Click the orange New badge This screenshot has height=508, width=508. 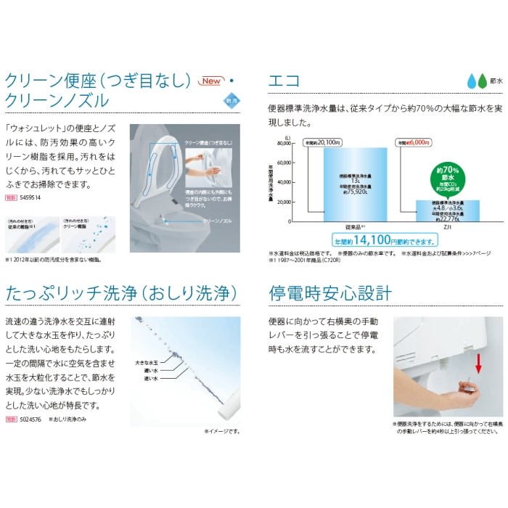coord(213,81)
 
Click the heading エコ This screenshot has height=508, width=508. coord(284,81)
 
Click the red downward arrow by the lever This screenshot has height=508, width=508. coord(479,362)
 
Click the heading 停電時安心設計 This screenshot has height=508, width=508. coord(330,294)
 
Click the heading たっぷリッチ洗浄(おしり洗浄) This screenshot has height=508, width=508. coord(121,294)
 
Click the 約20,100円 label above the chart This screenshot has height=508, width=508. coord(324,143)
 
